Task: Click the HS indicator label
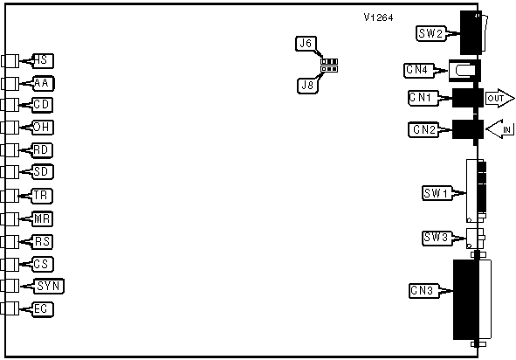[43, 61]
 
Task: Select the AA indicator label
[44, 83]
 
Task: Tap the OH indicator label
[43, 128]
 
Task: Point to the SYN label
[49, 286]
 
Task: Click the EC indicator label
[43, 309]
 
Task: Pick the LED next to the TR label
[10, 197]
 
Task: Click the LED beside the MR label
[10, 219]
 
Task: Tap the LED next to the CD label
[10, 105]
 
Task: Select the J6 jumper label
[306, 44]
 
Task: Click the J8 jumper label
[307, 86]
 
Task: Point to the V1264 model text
[378, 17]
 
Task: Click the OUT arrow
[499, 98]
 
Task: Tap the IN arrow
[499, 128]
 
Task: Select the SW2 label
[431, 33]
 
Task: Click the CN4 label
[419, 71]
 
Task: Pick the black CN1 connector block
[468, 98]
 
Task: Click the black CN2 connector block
[468, 129]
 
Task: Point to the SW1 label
[437, 193]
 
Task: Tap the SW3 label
[437, 238]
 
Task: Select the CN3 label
[423, 291]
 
